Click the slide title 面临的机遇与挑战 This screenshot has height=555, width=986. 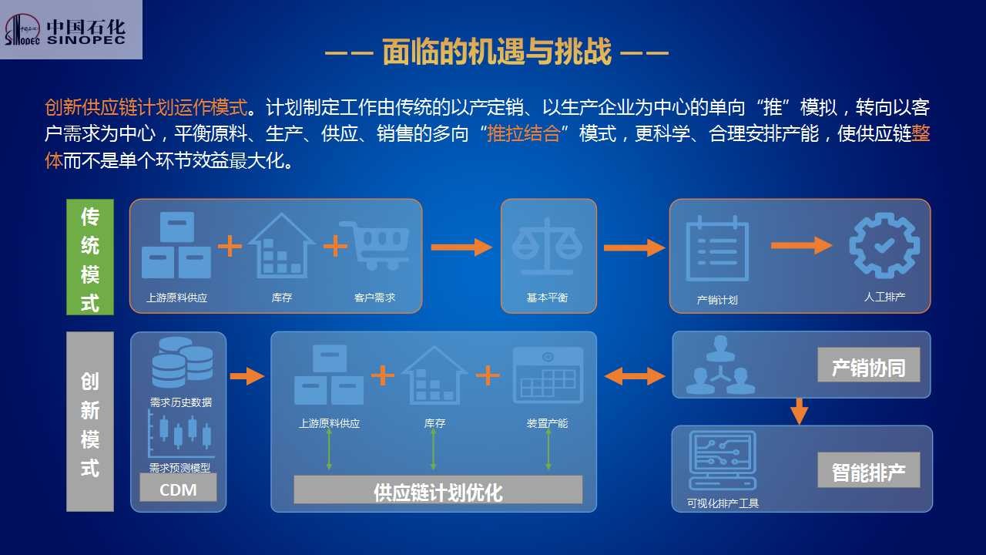pos(497,52)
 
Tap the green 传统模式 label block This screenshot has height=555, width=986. pos(90,257)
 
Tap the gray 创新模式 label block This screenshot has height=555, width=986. pos(90,422)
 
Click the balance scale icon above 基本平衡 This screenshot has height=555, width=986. pos(547,247)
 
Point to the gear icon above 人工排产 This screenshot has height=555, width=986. pos(884,245)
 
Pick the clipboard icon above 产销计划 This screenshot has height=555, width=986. pos(717,248)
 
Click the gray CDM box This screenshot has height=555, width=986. pos(178,488)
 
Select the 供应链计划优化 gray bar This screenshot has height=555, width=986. pos(438,489)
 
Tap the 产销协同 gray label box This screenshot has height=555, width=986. pos(868,365)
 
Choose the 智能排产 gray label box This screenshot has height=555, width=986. pos(868,469)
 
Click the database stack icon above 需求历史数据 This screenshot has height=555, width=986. pos(183,363)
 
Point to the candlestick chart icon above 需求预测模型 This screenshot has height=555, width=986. pos(181,434)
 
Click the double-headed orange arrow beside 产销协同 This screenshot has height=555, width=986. pos(634,377)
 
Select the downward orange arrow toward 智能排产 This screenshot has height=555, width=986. pos(799,412)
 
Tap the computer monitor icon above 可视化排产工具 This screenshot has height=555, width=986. pos(723,460)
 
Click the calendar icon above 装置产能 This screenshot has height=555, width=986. pos(548,375)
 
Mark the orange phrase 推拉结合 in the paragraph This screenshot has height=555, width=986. pos(523,134)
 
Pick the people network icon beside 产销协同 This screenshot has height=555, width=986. pos(720,365)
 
